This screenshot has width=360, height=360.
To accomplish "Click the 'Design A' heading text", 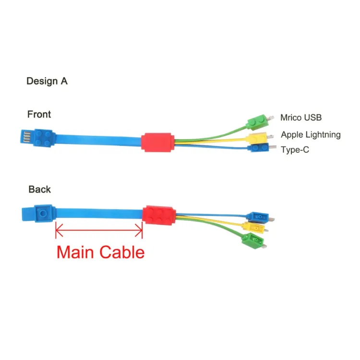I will point(47,81).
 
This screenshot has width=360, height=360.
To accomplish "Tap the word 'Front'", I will point(39,114).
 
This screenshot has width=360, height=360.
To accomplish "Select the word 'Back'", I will point(39,189).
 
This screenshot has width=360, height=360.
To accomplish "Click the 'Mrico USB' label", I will point(301,117).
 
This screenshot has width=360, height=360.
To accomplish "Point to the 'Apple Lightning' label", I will point(311,135).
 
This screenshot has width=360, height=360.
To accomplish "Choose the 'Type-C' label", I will point(295,150).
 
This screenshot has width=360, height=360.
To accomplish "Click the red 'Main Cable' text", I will point(100,252).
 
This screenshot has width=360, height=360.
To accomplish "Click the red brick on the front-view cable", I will point(158,142).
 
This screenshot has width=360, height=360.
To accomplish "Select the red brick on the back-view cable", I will point(158,216).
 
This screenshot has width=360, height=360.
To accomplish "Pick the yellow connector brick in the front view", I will point(258,137).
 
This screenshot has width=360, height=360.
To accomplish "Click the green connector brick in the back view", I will point(252,240).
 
